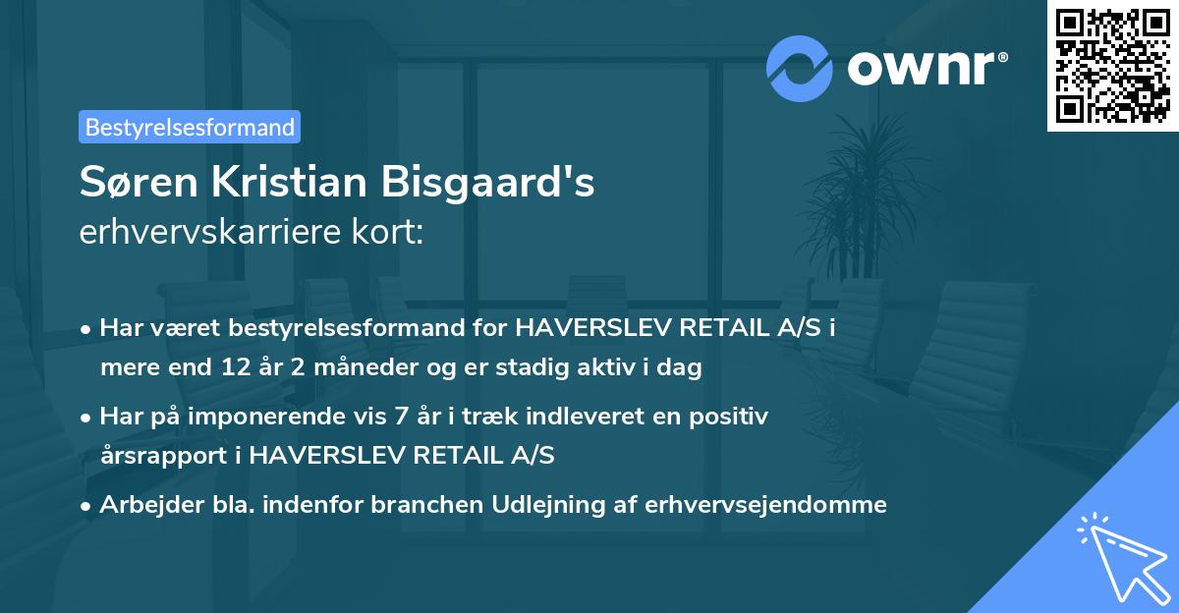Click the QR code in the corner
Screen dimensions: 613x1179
(1113, 66)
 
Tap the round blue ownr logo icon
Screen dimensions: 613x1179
(799, 68)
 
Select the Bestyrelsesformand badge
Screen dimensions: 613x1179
(190, 127)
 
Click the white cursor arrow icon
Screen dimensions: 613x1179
(1121, 555)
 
